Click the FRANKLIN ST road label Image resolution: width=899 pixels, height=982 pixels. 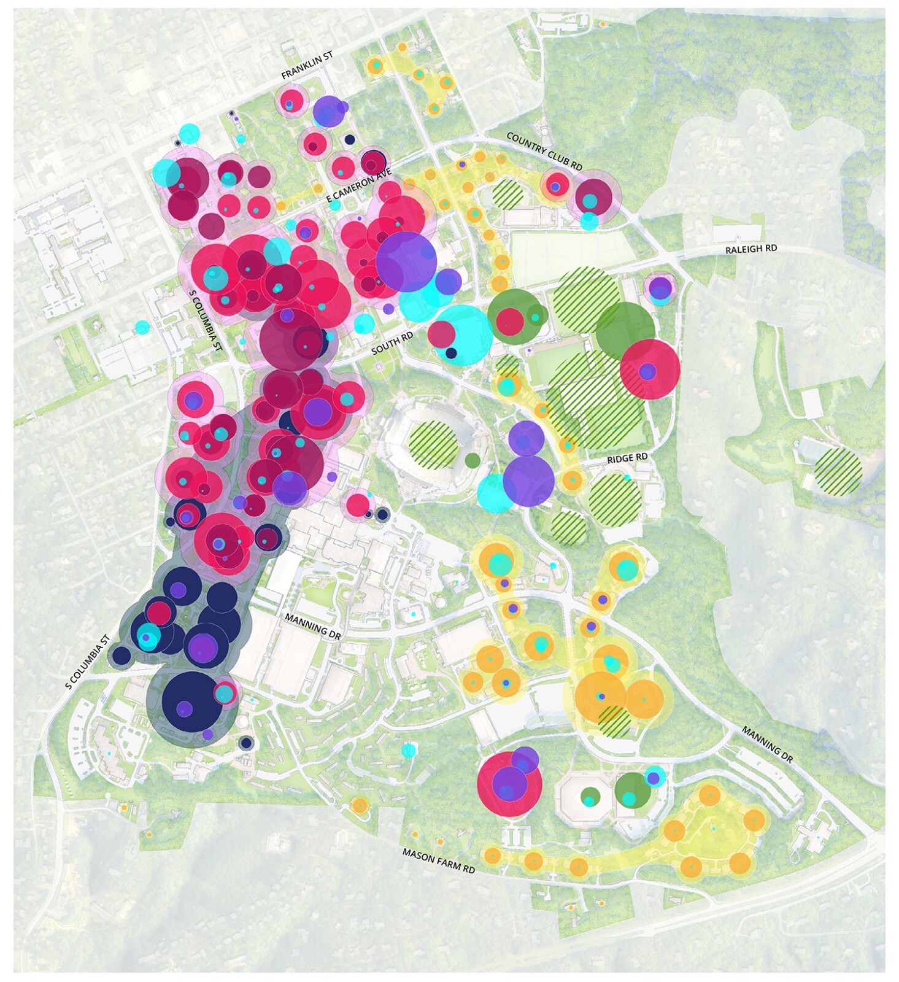click(x=307, y=65)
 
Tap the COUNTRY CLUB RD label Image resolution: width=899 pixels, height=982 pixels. click(x=544, y=150)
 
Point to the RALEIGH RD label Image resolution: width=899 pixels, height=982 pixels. click(x=750, y=249)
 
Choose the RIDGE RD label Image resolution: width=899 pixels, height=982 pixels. click(x=627, y=458)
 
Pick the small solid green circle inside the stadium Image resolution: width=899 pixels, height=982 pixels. click(x=472, y=459)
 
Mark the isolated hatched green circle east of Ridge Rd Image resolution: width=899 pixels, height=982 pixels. click(x=838, y=471)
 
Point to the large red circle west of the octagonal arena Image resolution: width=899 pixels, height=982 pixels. click(x=509, y=784)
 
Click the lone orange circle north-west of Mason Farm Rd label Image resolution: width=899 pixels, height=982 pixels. click(x=360, y=805)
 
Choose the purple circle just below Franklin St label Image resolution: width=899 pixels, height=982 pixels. click(x=328, y=112)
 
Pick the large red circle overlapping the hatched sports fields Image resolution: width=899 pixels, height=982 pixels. click(x=650, y=369)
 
